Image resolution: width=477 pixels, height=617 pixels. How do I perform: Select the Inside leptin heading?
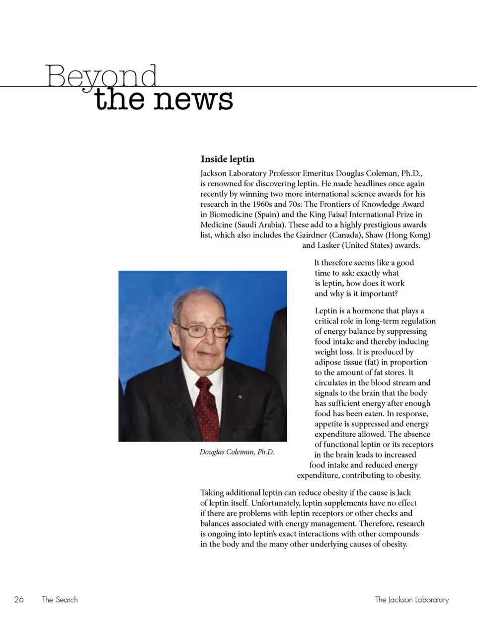click(228, 159)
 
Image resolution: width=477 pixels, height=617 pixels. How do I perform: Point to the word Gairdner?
click(328, 235)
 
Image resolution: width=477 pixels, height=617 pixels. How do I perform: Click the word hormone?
click(368, 311)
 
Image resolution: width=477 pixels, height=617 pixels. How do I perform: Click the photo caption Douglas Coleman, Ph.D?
click(237, 452)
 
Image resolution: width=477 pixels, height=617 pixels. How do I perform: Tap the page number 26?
click(19, 600)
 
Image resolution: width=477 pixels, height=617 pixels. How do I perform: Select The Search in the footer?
click(60, 600)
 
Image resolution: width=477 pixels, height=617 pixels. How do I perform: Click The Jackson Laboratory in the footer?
click(411, 600)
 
